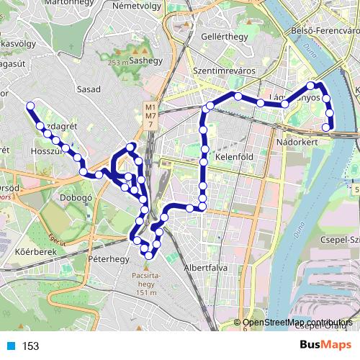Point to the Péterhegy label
click(x=107, y=257)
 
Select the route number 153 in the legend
click(x=30, y=346)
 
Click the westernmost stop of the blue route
click(x=30, y=107)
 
